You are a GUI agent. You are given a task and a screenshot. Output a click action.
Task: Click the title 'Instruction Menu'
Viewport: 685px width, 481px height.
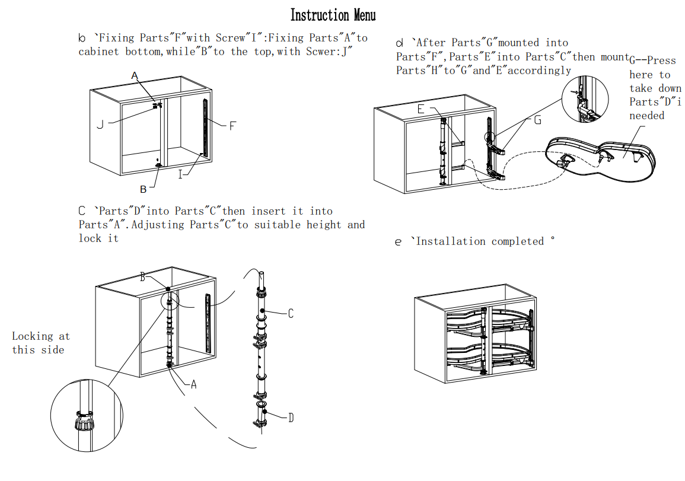coord(333,15)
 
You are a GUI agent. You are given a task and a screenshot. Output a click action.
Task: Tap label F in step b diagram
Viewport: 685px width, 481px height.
coord(232,126)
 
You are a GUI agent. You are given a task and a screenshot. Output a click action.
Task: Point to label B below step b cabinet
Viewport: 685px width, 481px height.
coord(143,190)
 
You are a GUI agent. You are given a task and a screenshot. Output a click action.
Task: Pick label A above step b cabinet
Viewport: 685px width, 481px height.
coord(135,75)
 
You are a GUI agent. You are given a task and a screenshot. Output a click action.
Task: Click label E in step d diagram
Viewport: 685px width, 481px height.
coord(420,109)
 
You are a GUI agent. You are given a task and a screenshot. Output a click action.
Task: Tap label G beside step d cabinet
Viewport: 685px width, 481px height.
coord(537,120)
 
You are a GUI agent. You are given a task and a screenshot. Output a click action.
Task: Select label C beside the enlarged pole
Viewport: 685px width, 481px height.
coord(291,314)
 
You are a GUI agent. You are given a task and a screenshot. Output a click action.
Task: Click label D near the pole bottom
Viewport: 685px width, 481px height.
coord(291,418)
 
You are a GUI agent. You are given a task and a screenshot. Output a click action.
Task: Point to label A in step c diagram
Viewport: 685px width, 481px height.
coord(193,384)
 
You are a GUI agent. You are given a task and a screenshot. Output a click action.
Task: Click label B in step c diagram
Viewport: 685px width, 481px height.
coord(142,277)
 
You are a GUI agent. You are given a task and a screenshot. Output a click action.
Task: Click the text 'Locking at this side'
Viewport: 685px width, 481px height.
coord(40,343)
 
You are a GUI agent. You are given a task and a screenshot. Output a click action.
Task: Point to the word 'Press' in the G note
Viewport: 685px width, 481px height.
coord(661,60)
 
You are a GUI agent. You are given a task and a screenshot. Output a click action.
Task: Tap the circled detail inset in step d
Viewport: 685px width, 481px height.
coord(585,100)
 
